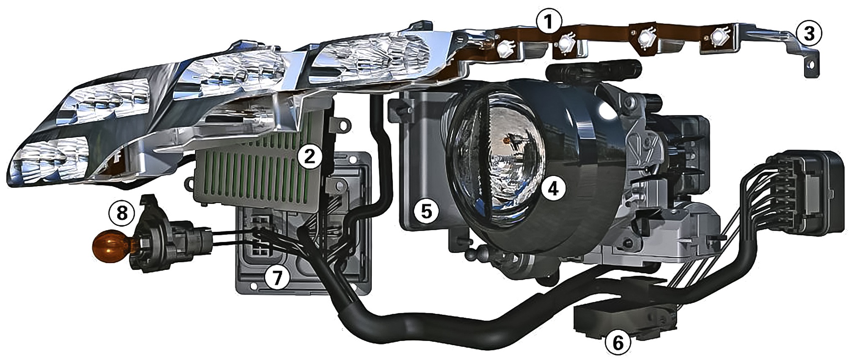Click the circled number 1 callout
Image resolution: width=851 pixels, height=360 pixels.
548,22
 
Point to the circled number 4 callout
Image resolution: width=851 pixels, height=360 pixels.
553,189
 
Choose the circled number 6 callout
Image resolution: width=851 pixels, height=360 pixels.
618,343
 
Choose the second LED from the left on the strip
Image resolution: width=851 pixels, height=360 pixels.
566,42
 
